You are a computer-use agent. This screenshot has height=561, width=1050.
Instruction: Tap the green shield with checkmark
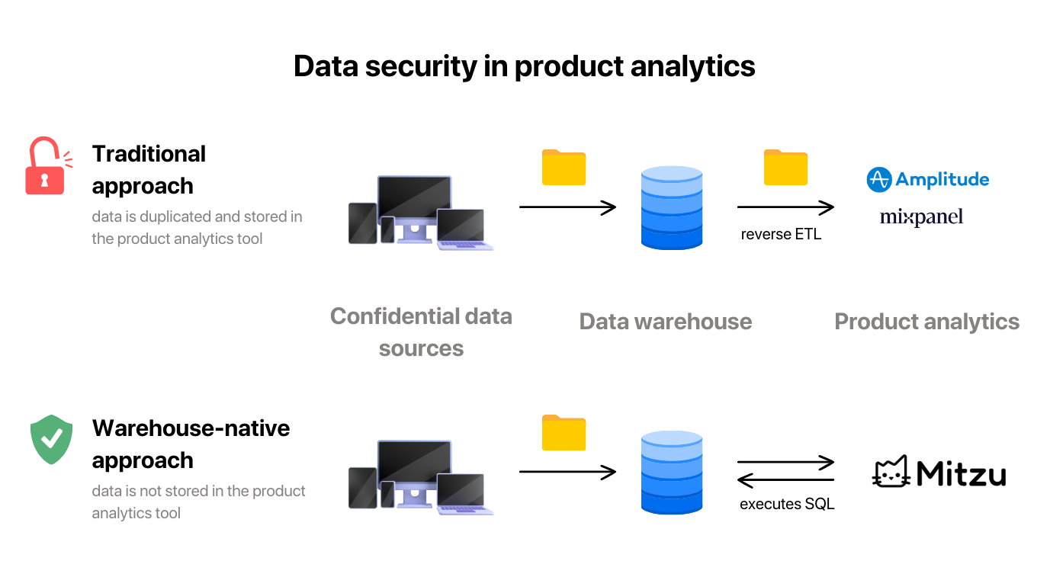coord(51,439)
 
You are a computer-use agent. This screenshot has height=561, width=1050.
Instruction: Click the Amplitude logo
coord(927,180)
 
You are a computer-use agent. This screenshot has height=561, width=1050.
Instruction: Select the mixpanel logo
coord(921,217)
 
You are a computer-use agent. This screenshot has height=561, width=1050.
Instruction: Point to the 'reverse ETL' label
coord(781,234)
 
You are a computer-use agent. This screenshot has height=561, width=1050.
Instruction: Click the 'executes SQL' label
coord(787,504)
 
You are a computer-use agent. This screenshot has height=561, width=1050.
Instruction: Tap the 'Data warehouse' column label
coord(665,322)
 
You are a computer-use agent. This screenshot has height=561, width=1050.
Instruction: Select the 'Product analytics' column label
coord(926,322)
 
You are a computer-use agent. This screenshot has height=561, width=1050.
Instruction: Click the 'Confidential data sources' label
coord(421,332)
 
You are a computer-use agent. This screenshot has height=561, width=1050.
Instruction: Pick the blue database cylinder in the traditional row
coord(671,207)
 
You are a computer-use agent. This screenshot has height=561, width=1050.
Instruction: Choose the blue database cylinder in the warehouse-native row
coord(671,472)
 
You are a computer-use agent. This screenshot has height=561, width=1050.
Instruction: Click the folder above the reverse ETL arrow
coord(785,167)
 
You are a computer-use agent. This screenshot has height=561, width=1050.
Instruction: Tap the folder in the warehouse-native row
coord(564,432)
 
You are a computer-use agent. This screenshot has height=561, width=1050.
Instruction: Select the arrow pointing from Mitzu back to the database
coord(785,480)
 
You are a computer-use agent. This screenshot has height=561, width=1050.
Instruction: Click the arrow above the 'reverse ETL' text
coord(785,207)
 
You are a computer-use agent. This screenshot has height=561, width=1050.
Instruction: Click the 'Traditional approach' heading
coord(149,169)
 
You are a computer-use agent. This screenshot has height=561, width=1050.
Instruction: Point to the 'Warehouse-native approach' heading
coord(191,444)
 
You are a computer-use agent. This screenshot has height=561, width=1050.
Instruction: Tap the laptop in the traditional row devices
coord(462,229)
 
